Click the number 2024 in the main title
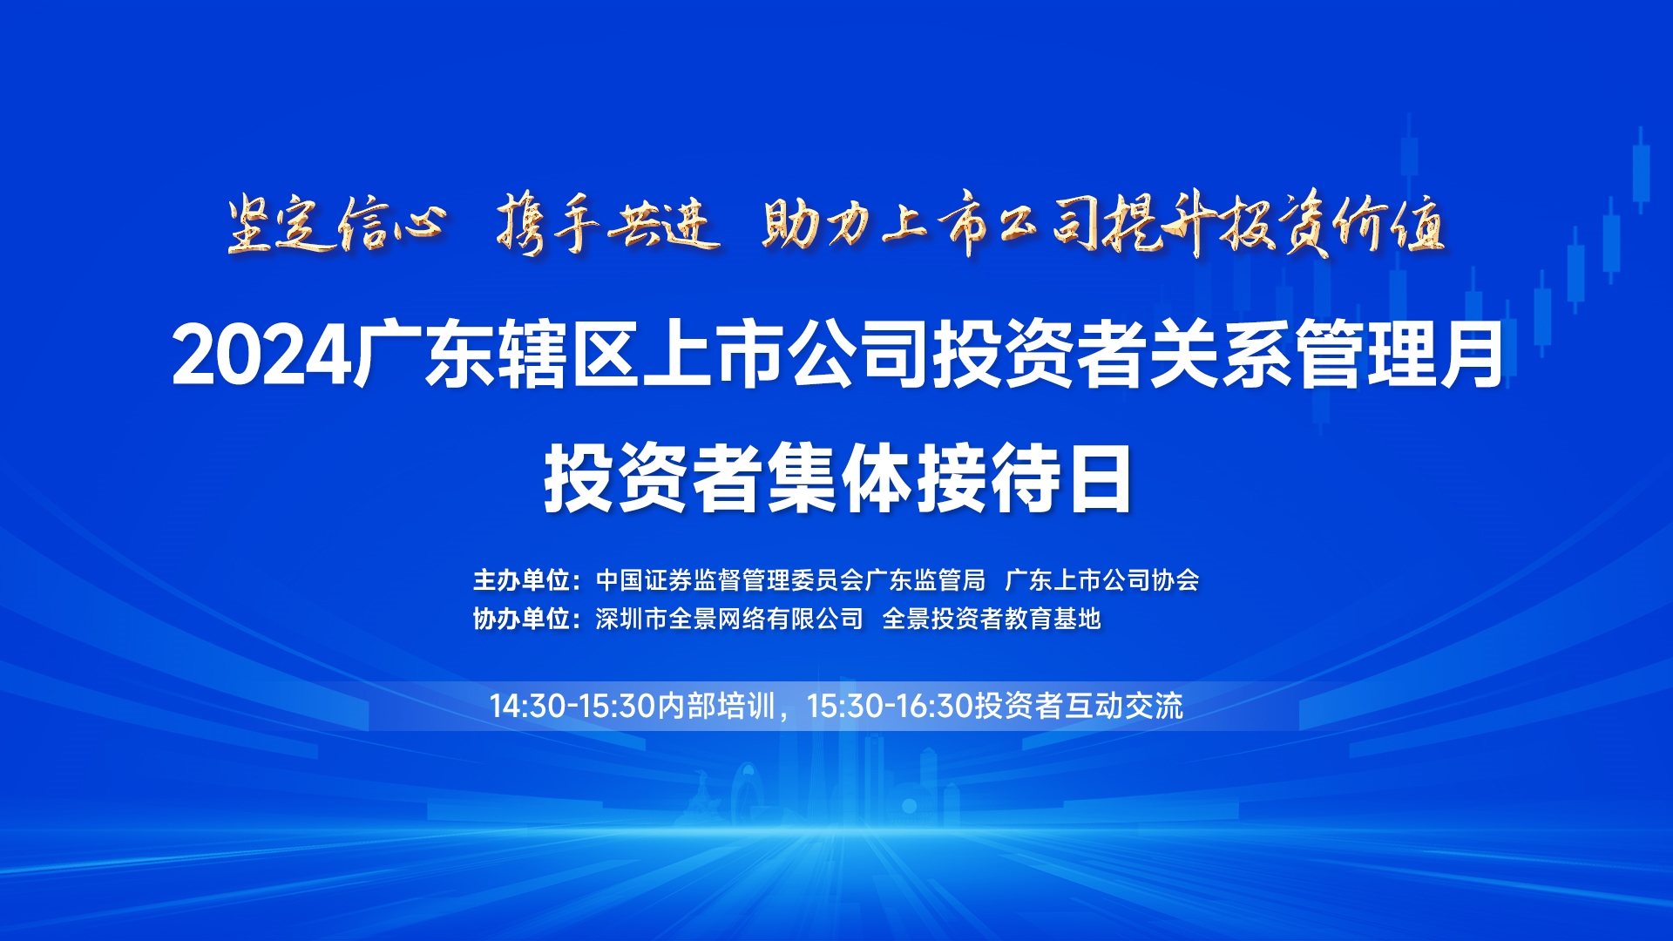click(261, 355)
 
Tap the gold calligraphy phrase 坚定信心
click(336, 225)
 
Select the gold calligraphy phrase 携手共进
click(608, 225)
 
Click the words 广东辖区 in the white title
click(496, 355)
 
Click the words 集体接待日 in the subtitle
click(948, 478)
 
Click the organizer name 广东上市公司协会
click(1102, 579)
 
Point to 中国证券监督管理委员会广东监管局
click(790, 579)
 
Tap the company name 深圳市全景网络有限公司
click(729, 619)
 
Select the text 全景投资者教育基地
click(992, 619)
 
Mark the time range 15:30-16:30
click(890, 706)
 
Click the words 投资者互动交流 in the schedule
click(1079, 706)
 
